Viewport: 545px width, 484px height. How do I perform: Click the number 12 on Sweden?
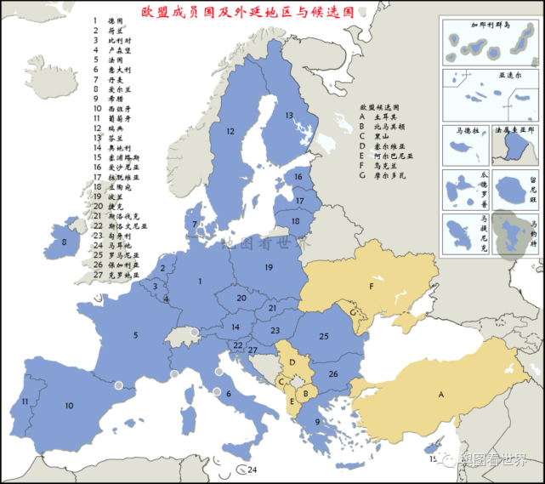coord(230,132)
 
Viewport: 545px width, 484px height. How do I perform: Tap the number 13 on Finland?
coord(288,115)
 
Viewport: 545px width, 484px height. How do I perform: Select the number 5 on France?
coord(135,335)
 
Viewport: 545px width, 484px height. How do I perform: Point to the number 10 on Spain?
coord(69,406)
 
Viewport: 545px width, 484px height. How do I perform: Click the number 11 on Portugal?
coord(26,401)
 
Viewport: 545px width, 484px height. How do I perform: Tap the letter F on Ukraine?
coord(371,287)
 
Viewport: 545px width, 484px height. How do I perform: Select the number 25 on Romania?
coord(323,337)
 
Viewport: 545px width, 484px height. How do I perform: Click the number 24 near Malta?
coord(251,470)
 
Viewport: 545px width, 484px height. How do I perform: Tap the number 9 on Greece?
coord(317,422)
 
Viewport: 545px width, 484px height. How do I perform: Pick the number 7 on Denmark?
coord(196,224)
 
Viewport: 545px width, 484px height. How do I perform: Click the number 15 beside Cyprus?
coord(432,459)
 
